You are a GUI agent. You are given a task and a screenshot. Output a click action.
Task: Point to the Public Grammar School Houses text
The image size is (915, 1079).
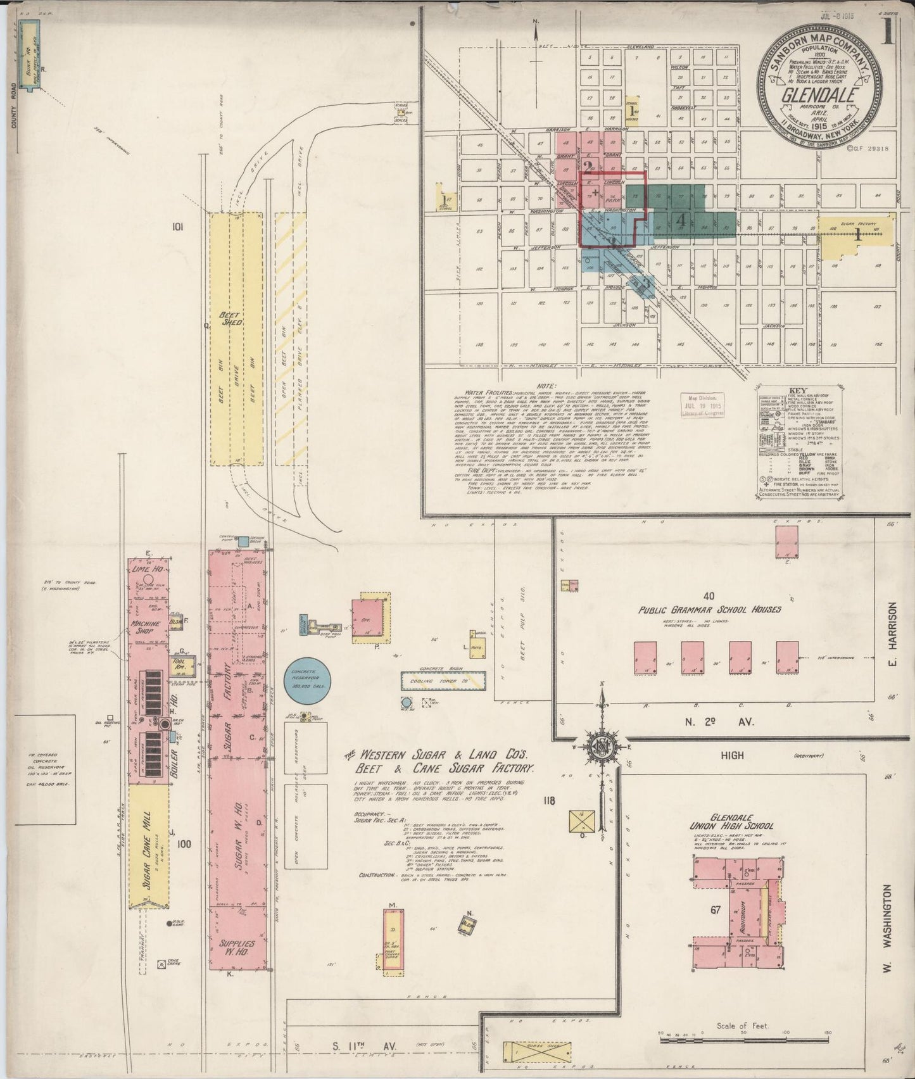709,609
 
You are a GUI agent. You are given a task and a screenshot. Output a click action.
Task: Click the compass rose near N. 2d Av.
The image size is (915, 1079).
600,747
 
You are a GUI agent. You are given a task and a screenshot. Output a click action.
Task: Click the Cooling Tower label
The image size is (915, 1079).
443,681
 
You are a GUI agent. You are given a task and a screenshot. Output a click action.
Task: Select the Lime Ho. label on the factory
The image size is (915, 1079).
147,569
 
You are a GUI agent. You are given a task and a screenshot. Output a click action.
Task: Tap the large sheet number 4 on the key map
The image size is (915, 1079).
681,222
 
